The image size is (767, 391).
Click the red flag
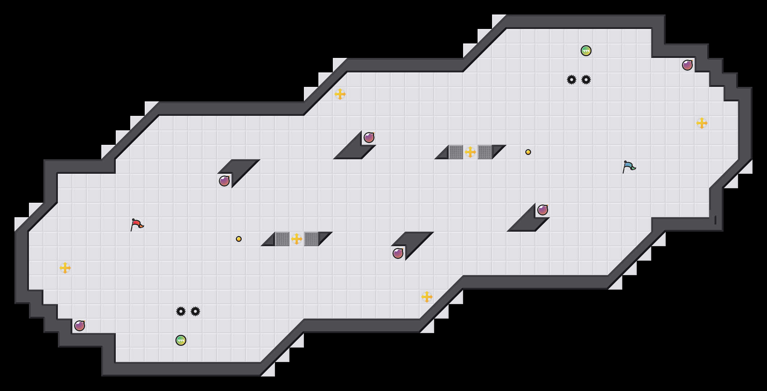pos(137,224)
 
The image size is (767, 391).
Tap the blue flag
pos(629,167)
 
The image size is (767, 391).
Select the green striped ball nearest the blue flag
pos(586,51)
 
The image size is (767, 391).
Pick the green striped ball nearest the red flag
pos(181,340)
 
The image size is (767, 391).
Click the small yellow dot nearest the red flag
pos(239,239)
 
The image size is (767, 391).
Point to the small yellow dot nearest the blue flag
pos(528,152)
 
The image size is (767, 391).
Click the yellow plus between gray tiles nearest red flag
pos(297,239)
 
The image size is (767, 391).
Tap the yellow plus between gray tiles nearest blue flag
pos(470,152)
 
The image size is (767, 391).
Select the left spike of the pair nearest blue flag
pos(572,80)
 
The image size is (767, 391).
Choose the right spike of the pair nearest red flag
pos(195,311)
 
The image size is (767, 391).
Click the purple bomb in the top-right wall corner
pos(687,65)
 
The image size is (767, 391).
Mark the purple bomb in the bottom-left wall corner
pos(80,326)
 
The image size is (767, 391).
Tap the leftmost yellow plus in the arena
pos(65,268)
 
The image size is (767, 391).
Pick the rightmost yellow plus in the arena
pos(702,123)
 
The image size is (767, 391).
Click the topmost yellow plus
pos(340,94)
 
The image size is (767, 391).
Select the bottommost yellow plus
pos(427,297)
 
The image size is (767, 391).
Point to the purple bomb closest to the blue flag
pos(543,210)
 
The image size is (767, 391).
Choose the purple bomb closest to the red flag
pos(224,181)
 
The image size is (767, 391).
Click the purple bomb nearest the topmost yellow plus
pos(369,138)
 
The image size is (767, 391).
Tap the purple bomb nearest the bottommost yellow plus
pos(398,253)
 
